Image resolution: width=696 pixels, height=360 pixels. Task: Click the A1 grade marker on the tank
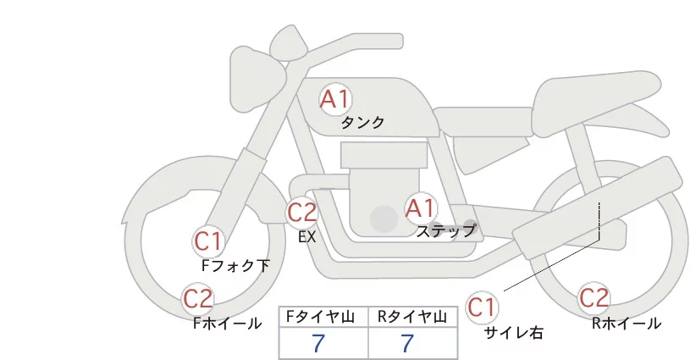(x=335, y=100)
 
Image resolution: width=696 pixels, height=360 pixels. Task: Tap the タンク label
(x=362, y=123)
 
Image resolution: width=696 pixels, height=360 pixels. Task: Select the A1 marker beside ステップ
(x=421, y=208)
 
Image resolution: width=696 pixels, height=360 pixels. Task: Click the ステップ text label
(x=446, y=231)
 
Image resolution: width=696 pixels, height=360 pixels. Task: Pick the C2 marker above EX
(x=301, y=213)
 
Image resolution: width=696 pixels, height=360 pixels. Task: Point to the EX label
(x=307, y=237)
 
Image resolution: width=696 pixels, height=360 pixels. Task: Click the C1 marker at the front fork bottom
(x=208, y=242)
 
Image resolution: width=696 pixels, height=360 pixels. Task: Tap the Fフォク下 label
(x=235, y=266)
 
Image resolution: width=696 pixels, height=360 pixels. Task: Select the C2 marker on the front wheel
(x=198, y=299)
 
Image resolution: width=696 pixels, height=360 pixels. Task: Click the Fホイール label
(x=228, y=324)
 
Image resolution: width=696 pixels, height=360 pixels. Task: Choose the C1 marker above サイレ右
(x=482, y=307)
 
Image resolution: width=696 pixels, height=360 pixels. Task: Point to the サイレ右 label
(x=514, y=333)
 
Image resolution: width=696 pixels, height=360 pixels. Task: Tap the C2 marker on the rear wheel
(x=594, y=298)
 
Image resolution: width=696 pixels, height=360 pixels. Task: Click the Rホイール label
(x=627, y=324)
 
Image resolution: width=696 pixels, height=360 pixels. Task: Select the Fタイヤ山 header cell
(x=323, y=317)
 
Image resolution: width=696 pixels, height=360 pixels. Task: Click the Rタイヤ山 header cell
(x=413, y=317)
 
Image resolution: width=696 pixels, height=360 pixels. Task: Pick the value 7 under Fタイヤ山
(x=318, y=343)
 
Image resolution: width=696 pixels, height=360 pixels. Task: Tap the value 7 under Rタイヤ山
(x=407, y=343)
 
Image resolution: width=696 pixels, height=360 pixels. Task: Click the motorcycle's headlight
(x=258, y=79)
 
